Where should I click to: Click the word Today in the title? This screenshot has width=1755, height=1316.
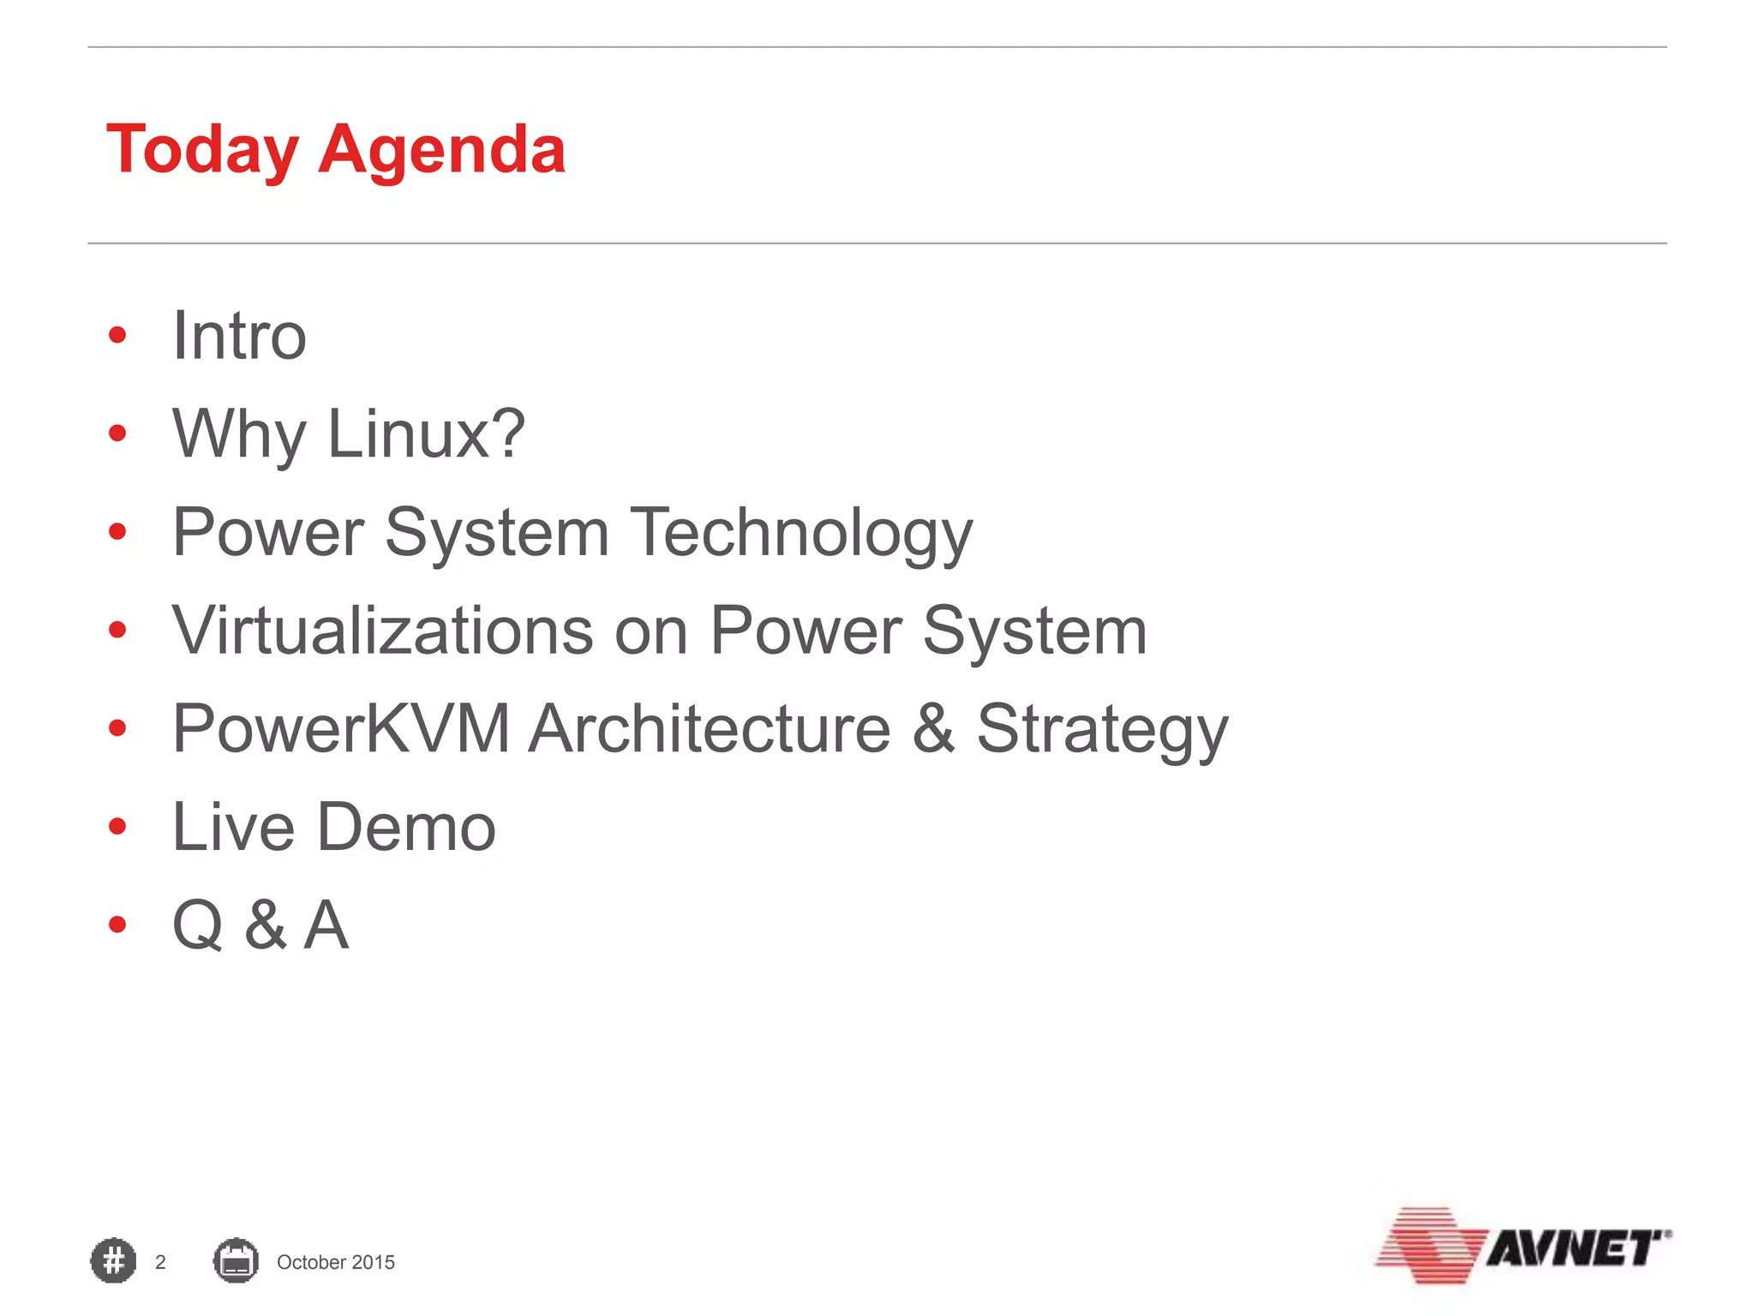pos(202,150)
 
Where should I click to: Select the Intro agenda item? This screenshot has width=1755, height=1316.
pos(239,336)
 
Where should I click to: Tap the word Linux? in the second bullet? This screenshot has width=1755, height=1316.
pos(426,434)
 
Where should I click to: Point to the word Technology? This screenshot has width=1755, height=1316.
pos(801,533)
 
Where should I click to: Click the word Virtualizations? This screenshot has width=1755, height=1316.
pos(382,631)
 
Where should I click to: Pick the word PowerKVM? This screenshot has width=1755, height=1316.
pos(341,729)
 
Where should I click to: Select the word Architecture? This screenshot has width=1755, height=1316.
pos(710,729)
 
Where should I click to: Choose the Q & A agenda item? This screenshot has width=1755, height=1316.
pos(261,925)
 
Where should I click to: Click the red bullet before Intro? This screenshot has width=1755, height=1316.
pos(117,335)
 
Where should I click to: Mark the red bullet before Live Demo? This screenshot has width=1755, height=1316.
pos(117,827)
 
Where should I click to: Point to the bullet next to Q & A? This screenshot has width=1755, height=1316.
pos(117,924)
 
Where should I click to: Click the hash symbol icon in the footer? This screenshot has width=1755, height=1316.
pos(113,1261)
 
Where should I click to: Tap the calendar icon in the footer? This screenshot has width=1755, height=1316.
pos(236,1261)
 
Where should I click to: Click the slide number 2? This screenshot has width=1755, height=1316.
pos(160,1262)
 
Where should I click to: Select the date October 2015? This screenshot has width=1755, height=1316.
pos(336,1262)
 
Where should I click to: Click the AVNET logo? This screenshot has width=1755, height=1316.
pos(1523,1247)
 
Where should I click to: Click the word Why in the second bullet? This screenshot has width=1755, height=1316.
pos(238,434)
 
